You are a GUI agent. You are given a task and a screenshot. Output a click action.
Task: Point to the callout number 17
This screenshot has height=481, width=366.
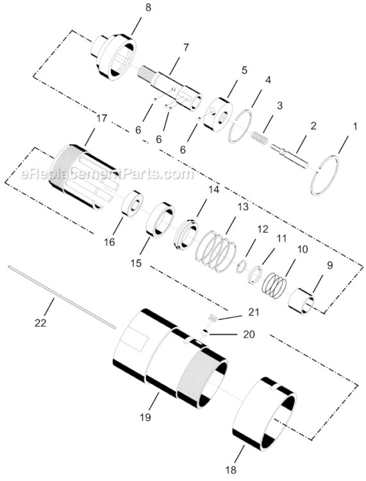(x=101, y=119)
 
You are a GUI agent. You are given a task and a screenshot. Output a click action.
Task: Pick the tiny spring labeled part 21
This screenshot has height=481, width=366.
(x=212, y=317)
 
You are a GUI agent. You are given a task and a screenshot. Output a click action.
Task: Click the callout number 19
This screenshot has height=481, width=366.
(x=146, y=417)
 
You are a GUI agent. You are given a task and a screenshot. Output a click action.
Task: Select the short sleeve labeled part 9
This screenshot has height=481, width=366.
(x=304, y=300)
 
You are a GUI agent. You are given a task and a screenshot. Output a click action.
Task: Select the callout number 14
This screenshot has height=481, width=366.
(x=213, y=190)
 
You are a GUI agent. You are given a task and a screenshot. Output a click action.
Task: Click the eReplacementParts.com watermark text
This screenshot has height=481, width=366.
(x=106, y=174)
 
